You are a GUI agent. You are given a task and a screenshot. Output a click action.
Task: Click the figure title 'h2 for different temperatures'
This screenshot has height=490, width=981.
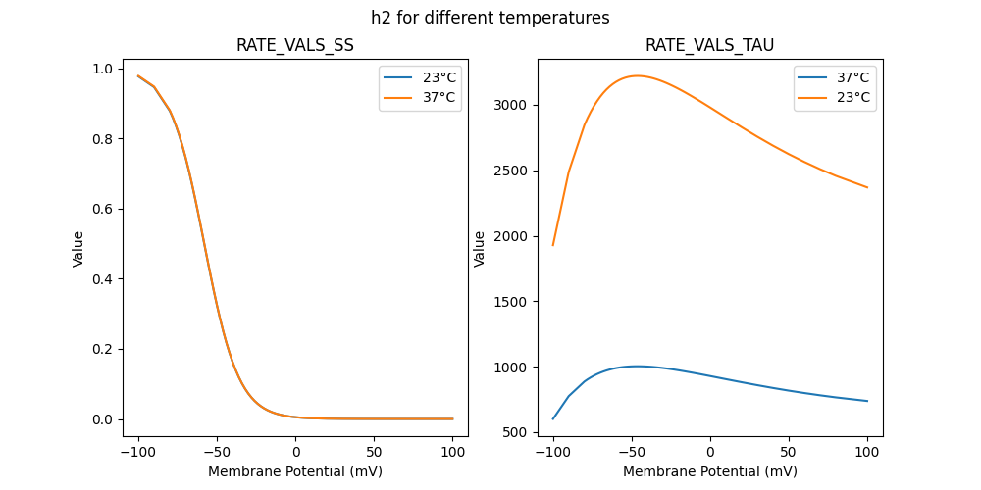point(490,18)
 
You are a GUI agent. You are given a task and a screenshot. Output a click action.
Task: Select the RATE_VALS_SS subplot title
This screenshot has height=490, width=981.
point(295,45)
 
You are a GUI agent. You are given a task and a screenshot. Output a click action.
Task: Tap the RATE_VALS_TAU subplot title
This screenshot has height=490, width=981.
point(710,45)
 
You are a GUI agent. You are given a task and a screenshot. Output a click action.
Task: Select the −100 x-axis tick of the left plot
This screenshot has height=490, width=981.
point(138,453)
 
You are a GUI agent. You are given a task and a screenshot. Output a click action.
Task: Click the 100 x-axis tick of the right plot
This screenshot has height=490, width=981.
point(867,453)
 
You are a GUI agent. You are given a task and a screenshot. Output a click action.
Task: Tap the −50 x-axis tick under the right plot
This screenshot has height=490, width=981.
point(632,453)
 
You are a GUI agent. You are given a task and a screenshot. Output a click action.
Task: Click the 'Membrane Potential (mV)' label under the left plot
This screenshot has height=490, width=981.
point(295,471)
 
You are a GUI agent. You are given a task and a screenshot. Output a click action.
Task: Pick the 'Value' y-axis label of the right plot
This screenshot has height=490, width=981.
point(480,249)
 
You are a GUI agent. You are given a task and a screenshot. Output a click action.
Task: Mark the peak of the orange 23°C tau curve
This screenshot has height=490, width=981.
point(637,75)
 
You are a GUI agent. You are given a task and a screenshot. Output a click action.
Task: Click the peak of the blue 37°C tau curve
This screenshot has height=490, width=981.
point(637,366)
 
